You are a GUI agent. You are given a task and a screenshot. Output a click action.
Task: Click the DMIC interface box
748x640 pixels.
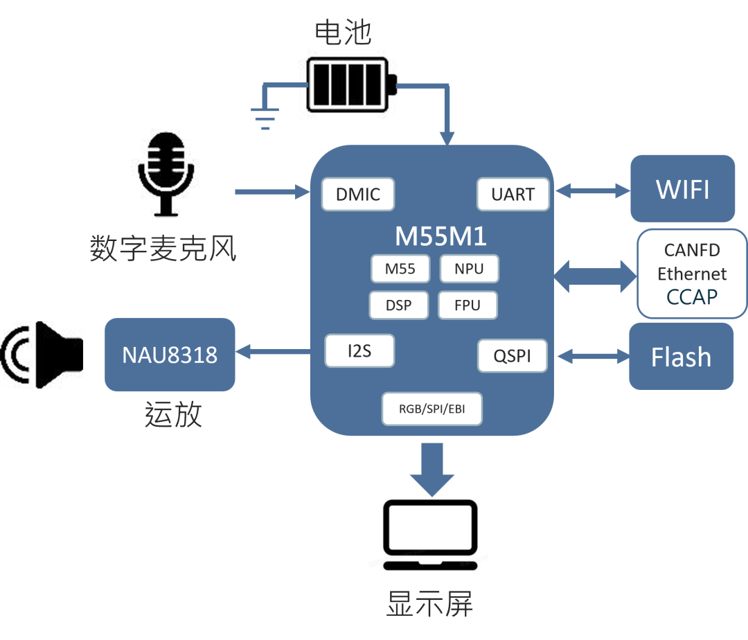point(358,194)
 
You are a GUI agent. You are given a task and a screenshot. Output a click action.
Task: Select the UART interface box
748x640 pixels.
point(513,194)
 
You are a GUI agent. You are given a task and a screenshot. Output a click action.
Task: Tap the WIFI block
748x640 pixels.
point(682,188)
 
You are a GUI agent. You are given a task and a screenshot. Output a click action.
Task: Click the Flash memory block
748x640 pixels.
point(681,356)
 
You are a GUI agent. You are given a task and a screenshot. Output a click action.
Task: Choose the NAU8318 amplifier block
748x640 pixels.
point(170,355)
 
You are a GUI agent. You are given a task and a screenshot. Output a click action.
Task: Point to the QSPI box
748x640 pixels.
point(512,355)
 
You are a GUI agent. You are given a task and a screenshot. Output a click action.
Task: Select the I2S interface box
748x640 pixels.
point(359,351)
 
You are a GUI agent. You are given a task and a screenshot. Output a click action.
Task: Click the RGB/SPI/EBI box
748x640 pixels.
point(431,409)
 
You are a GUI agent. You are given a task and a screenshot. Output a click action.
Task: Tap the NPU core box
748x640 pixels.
point(469,269)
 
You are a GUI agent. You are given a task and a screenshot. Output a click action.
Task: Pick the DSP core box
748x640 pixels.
point(399,305)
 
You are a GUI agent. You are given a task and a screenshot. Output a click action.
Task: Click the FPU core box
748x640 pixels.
point(468,305)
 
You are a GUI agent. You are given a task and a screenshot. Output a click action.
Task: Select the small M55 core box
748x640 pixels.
point(400,269)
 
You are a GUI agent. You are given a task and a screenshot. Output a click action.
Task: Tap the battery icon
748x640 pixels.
point(350,85)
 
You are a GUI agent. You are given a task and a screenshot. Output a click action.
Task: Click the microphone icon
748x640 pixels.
point(166,173)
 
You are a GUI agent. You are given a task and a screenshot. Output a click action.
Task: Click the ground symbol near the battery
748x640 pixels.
point(263,118)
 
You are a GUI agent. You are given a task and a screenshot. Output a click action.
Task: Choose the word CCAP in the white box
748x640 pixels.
point(692,297)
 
